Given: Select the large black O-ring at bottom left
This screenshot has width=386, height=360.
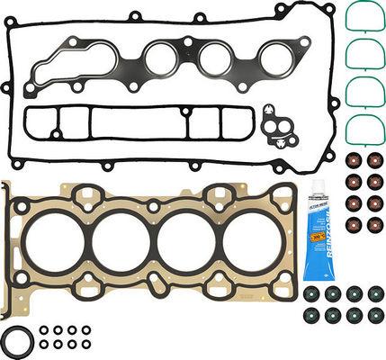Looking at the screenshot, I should coord(18,343).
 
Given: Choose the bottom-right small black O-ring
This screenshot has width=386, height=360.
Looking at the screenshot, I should coord(86,343).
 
